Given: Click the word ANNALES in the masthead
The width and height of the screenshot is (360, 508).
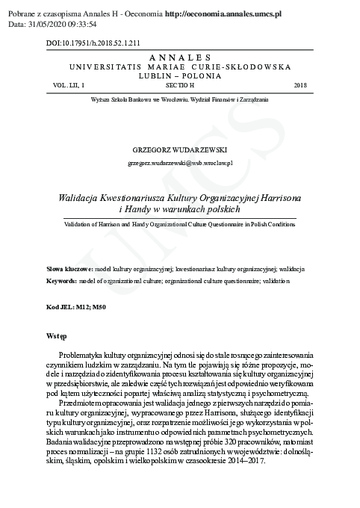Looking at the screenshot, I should [x=179, y=58].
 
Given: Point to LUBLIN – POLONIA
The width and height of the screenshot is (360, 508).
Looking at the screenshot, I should [x=179, y=75].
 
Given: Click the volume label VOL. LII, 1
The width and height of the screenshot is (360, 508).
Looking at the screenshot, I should [x=64, y=86].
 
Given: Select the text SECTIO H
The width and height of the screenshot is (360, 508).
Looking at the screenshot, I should [x=179, y=86].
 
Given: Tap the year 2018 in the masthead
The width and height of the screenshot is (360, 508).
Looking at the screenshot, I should [x=300, y=86].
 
